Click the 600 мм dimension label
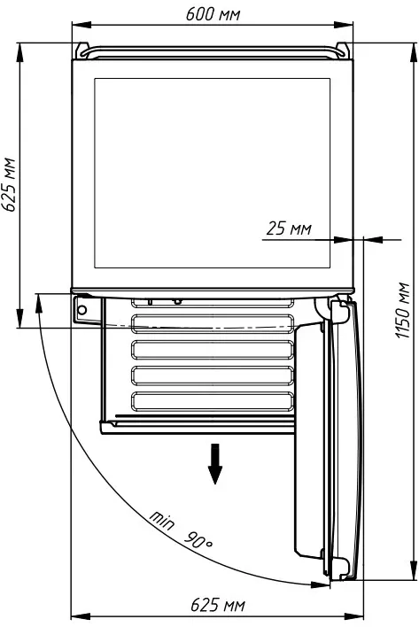213,14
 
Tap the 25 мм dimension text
289,228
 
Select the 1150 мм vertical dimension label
403,310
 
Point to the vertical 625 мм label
8,184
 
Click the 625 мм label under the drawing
218,605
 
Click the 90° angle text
198,540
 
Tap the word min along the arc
162,520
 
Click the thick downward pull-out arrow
215,463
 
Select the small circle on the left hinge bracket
82,309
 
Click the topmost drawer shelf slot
213,303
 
